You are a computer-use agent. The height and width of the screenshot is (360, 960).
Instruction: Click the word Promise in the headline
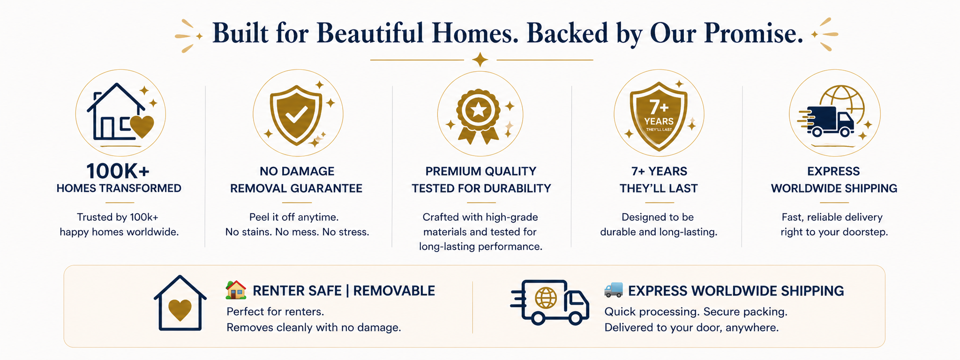click(x=753, y=33)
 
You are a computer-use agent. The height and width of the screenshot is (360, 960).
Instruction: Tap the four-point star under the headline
click(x=480, y=60)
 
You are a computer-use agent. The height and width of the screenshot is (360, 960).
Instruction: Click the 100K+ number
click(x=118, y=171)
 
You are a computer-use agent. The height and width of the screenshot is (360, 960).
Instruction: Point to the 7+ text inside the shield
click(x=659, y=107)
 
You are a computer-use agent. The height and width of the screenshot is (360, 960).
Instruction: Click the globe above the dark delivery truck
click(x=842, y=99)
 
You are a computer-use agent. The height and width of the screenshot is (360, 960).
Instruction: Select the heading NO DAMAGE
click(x=297, y=171)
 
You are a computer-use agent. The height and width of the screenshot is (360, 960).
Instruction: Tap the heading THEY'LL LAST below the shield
click(x=659, y=188)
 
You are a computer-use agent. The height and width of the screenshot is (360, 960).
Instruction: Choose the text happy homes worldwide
click(x=119, y=232)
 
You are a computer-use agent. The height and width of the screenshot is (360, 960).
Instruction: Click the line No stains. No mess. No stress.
click(x=297, y=232)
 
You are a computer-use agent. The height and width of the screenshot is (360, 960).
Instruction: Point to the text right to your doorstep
click(x=834, y=232)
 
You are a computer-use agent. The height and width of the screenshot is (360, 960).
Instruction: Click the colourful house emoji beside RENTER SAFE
click(x=236, y=290)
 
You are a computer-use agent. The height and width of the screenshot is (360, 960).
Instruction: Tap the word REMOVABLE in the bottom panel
click(x=394, y=291)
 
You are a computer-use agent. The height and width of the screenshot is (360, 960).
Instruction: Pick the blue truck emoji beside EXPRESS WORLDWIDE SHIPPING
click(x=614, y=290)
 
